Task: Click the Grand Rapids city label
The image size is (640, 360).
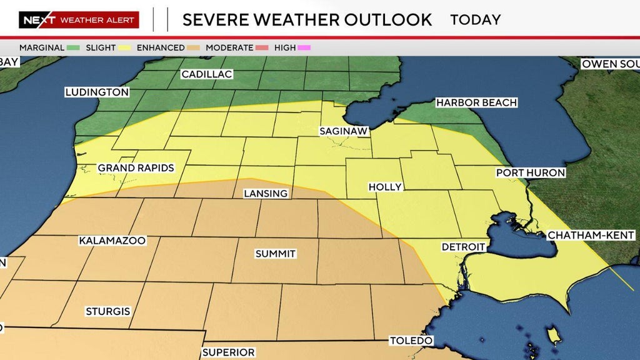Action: pyautogui.click(x=136, y=168)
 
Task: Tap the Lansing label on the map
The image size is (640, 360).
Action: pyautogui.click(x=266, y=194)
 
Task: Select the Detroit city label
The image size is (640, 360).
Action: pyautogui.click(x=463, y=247)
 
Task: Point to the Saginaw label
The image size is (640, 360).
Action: pyautogui.click(x=344, y=131)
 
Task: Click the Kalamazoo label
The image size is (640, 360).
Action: pyautogui.click(x=112, y=241)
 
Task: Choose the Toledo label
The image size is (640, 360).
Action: pyautogui.click(x=411, y=341)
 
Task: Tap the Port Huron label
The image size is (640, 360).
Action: pyautogui.click(x=530, y=172)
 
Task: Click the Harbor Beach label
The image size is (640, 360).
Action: pyautogui.click(x=476, y=102)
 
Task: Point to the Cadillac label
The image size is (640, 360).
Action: pyautogui.click(x=206, y=74)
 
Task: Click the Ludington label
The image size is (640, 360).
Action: pyautogui.click(x=97, y=92)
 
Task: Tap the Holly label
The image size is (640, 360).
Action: pyautogui.click(x=385, y=187)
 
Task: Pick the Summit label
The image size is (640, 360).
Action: pyautogui.click(x=275, y=254)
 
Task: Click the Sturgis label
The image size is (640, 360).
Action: pyautogui.click(x=108, y=311)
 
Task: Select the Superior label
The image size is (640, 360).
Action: pyautogui.click(x=228, y=352)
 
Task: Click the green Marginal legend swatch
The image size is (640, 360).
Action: pyautogui.click(x=74, y=47)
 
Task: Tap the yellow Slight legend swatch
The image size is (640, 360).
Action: pyautogui.click(x=125, y=47)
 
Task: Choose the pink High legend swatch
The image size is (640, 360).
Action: pyautogui.click(x=305, y=47)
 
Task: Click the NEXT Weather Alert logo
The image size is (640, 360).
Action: pyautogui.click(x=79, y=20)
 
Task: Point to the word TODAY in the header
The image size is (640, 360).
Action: pyautogui.click(x=475, y=19)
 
